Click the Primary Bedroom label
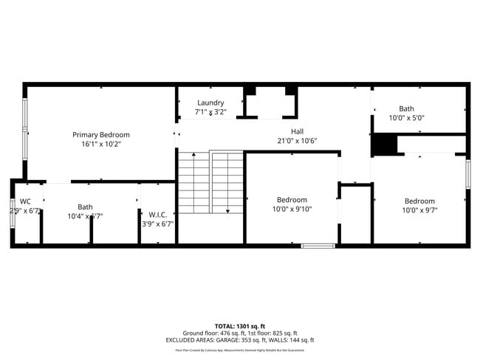pyautogui.click(x=100, y=135)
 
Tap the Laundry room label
pyautogui.click(x=210, y=103)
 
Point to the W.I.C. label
pyautogui.click(x=157, y=214)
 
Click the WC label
pyautogui.click(x=25, y=201)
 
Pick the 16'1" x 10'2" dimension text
pyautogui.click(x=100, y=145)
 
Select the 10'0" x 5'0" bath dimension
pyautogui.click(x=406, y=118)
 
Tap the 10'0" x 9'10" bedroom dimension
pyautogui.click(x=292, y=210)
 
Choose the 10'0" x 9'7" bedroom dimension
pyautogui.click(x=419, y=210)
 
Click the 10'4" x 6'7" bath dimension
pyautogui.click(x=86, y=217)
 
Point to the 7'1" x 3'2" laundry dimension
pyautogui.click(x=210, y=112)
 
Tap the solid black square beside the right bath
pyautogui.click(x=383, y=145)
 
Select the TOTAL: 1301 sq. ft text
pyautogui.click(x=239, y=325)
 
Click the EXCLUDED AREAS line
pyautogui.click(x=239, y=340)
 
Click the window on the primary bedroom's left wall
pyautogui.click(x=24, y=131)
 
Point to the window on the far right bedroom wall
pyautogui.click(x=467, y=174)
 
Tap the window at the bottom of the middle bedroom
pyautogui.click(x=318, y=245)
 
